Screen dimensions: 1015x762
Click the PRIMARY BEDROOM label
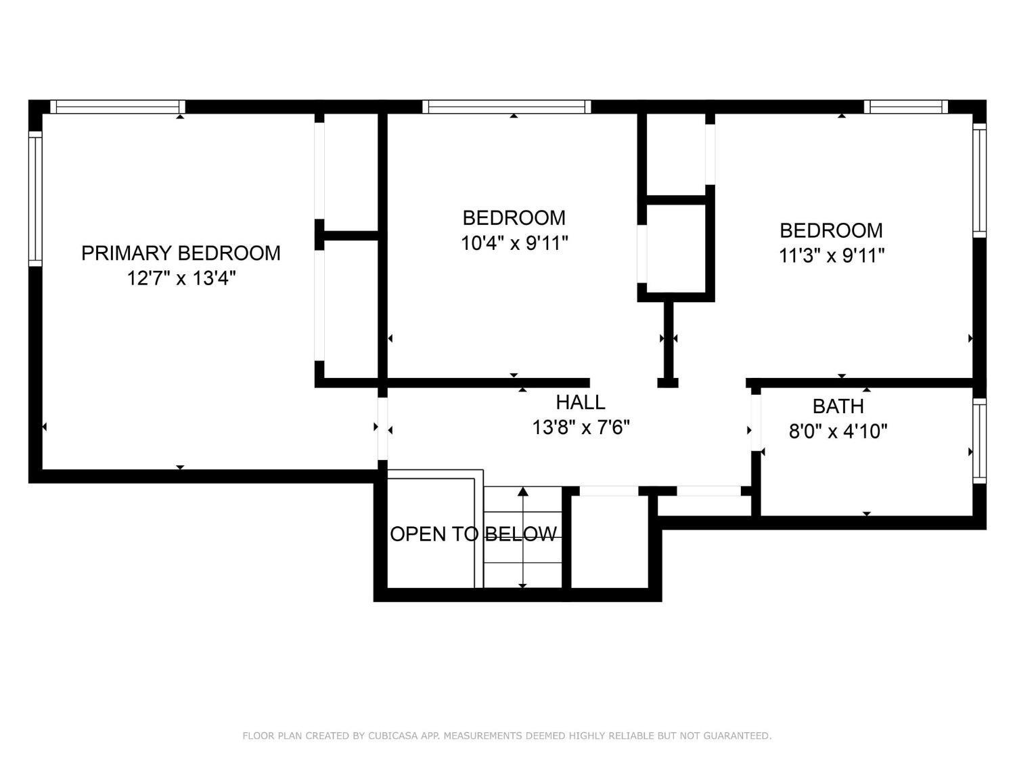point(181,253)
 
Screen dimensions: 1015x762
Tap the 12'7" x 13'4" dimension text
point(181,278)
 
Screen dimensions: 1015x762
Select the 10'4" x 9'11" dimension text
point(514,243)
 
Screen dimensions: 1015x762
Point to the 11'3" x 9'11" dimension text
point(832,255)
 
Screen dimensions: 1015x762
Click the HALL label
point(581,402)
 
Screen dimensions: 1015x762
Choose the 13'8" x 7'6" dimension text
point(581,427)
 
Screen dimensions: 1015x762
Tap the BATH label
point(838,406)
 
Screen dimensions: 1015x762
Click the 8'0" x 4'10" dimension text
point(838,431)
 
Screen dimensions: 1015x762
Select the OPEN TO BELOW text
point(474,534)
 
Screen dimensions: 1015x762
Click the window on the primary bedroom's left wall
point(36,199)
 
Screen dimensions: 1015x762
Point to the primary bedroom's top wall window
point(118,107)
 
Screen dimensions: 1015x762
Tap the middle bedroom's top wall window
point(506,107)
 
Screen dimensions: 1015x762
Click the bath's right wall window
point(979,441)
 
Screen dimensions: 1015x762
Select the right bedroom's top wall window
point(906,107)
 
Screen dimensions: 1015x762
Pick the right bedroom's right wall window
point(979,180)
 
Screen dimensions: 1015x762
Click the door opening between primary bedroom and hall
point(382,429)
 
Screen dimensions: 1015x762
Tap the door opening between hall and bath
point(756,423)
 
